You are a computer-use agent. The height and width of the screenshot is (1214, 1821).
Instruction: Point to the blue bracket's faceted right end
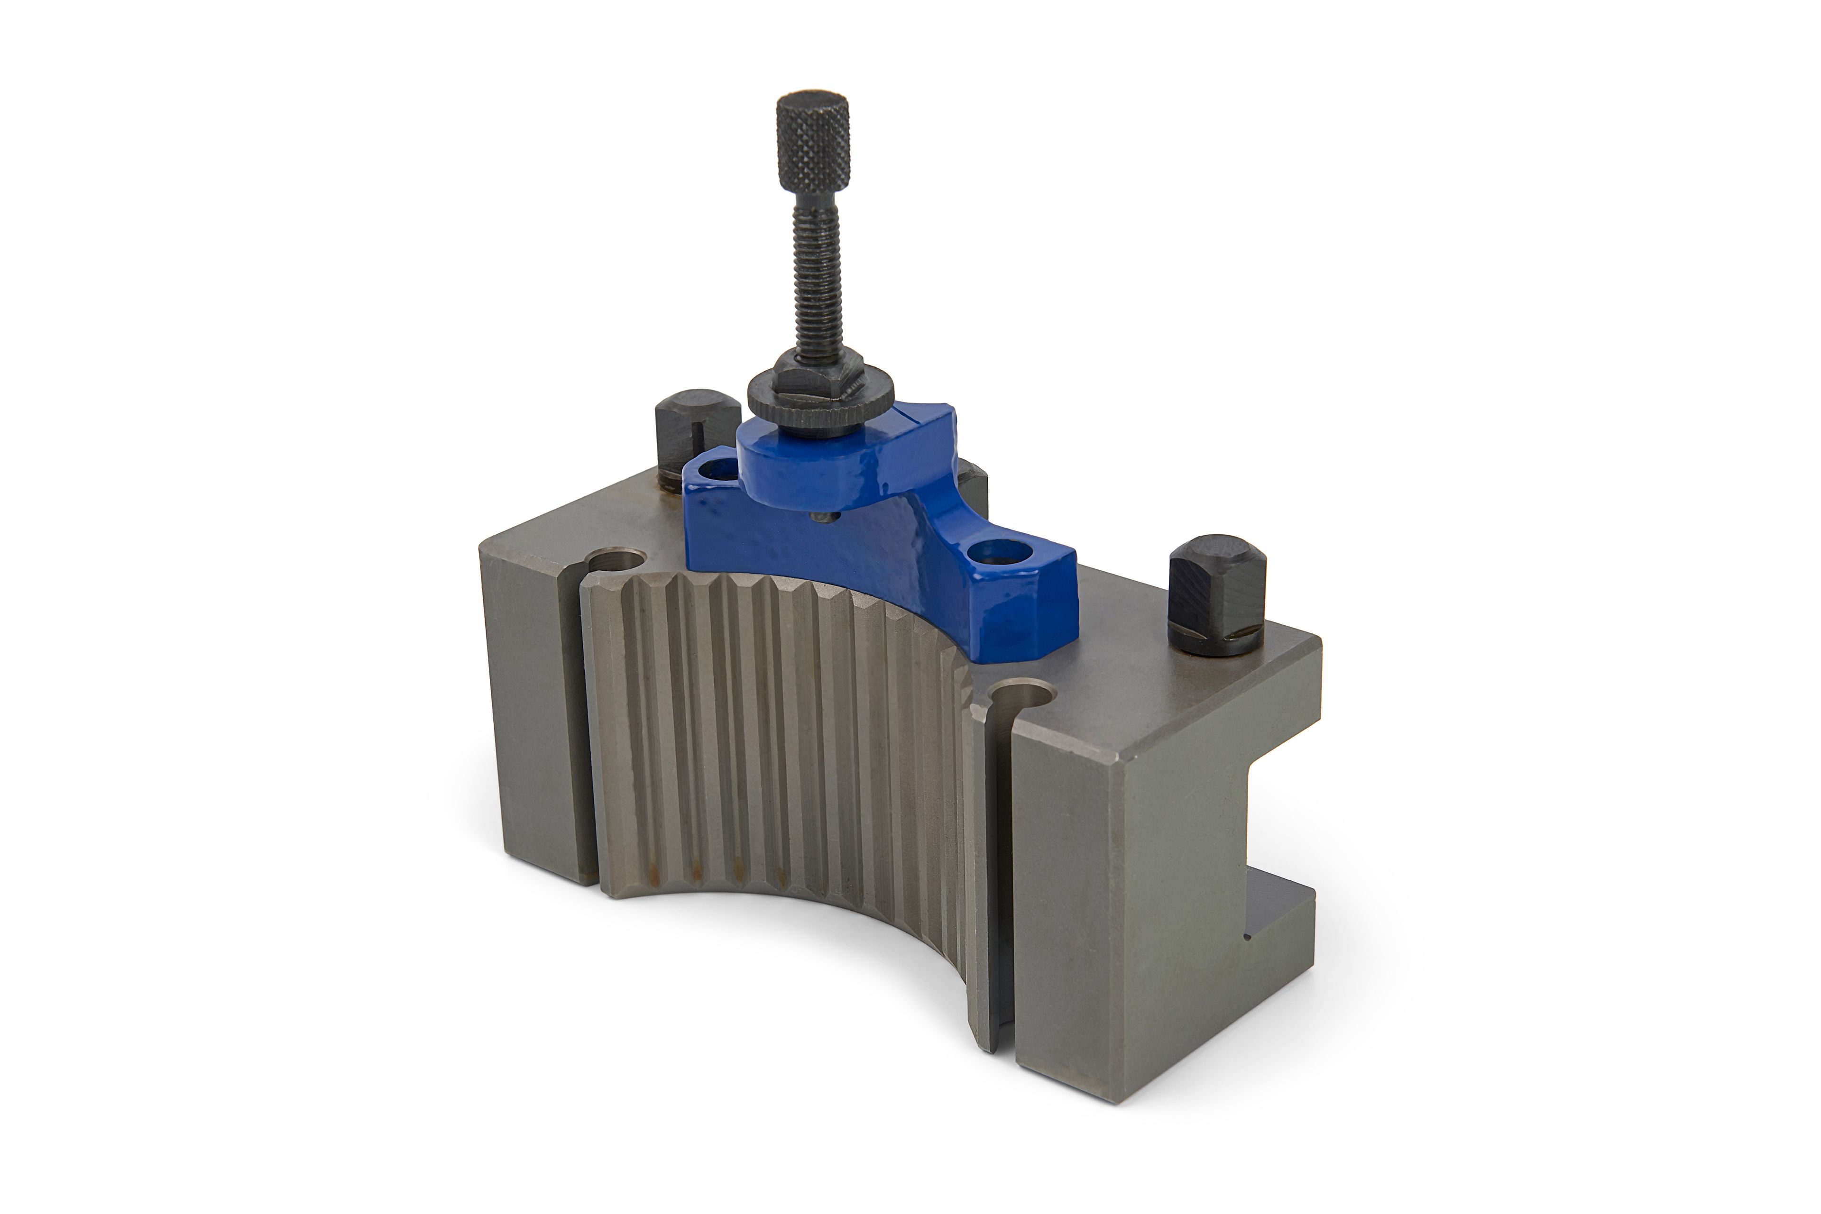1049,604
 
